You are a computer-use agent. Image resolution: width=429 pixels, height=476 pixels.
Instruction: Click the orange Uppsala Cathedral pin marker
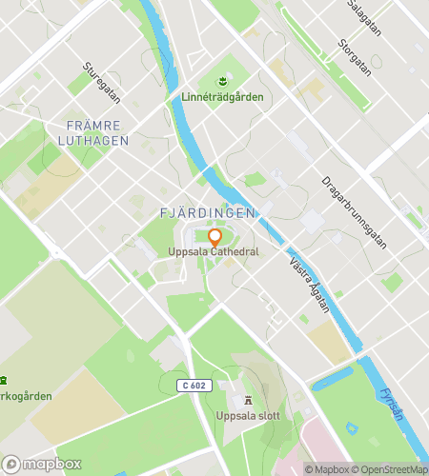[x=214, y=238]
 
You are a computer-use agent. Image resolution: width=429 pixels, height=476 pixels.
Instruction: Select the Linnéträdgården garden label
[x=221, y=97]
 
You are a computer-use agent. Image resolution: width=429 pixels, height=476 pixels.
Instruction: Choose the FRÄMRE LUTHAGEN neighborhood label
[x=94, y=132]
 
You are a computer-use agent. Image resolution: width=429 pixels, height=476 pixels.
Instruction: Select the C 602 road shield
[x=193, y=385]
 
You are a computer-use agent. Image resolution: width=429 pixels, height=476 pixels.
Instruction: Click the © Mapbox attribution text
[x=328, y=468]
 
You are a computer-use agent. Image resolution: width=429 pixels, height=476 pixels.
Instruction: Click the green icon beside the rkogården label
[x=3, y=379]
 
